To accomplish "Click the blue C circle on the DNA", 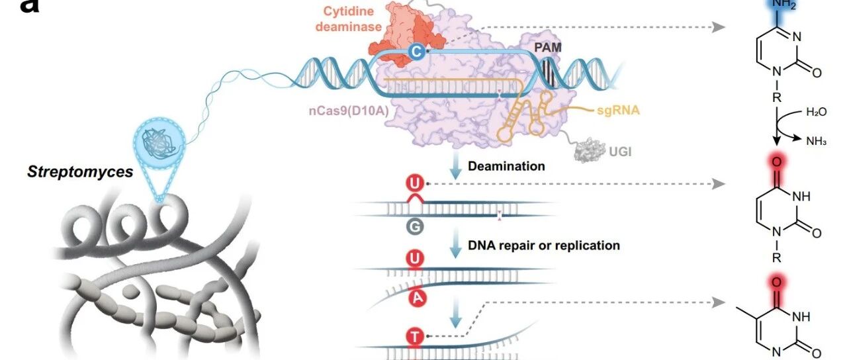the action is point(417,52).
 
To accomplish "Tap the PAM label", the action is point(547,47).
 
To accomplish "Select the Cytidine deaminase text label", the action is point(348,19).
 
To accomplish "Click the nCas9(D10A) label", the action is point(349,111).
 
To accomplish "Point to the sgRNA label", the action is point(618,110).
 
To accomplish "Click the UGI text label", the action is point(620,152).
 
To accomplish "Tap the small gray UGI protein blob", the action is point(589,150).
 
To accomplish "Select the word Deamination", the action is point(506,166).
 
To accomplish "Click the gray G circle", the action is point(415,227).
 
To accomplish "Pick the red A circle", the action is point(418,298).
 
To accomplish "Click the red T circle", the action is point(415,336).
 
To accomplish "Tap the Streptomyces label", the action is point(80,172).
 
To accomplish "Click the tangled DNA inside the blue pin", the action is point(159,143).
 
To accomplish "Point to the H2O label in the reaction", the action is point(816,112).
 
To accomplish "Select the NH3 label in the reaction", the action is point(816,142).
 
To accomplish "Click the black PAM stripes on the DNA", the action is point(549,72).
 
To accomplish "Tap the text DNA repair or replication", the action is point(544,246).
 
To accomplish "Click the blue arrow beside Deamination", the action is point(455,165).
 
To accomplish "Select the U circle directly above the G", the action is point(415,183).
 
